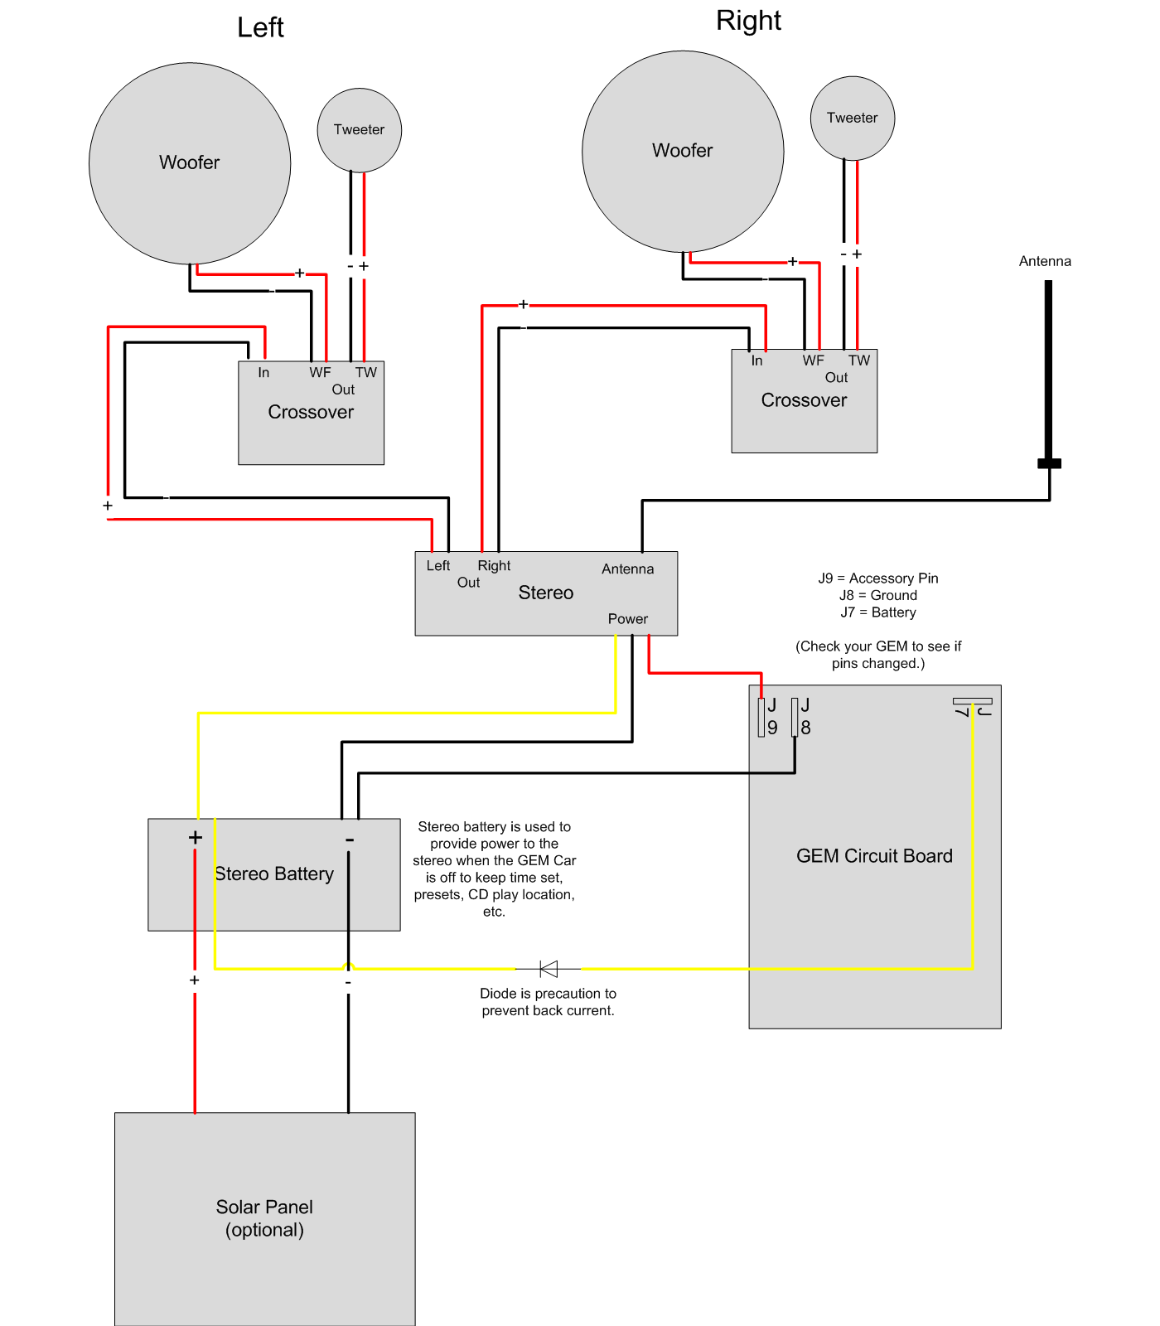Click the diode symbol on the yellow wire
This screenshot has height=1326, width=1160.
(x=549, y=969)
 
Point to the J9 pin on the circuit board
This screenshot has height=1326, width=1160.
(x=761, y=717)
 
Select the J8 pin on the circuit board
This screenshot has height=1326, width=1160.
(x=795, y=717)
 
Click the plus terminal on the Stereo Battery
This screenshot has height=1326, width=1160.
(x=196, y=837)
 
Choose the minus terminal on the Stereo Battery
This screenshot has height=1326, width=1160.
(x=350, y=840)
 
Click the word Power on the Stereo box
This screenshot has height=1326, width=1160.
(x=628, y=619)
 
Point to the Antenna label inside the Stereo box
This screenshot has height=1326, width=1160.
(x=628, y=569)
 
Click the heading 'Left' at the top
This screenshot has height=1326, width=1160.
(x=260, y=27)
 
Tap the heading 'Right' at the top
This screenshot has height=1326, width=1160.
(x=748, y=21)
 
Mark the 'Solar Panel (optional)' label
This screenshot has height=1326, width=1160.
(x=264, y=1218)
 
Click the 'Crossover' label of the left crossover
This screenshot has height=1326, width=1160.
(x=311, y=412)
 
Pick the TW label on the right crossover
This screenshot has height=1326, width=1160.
(x=859, y=361)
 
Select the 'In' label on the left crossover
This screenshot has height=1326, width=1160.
(x=263, y=373)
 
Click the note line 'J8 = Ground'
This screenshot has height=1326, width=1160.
(x=878, y=595)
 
